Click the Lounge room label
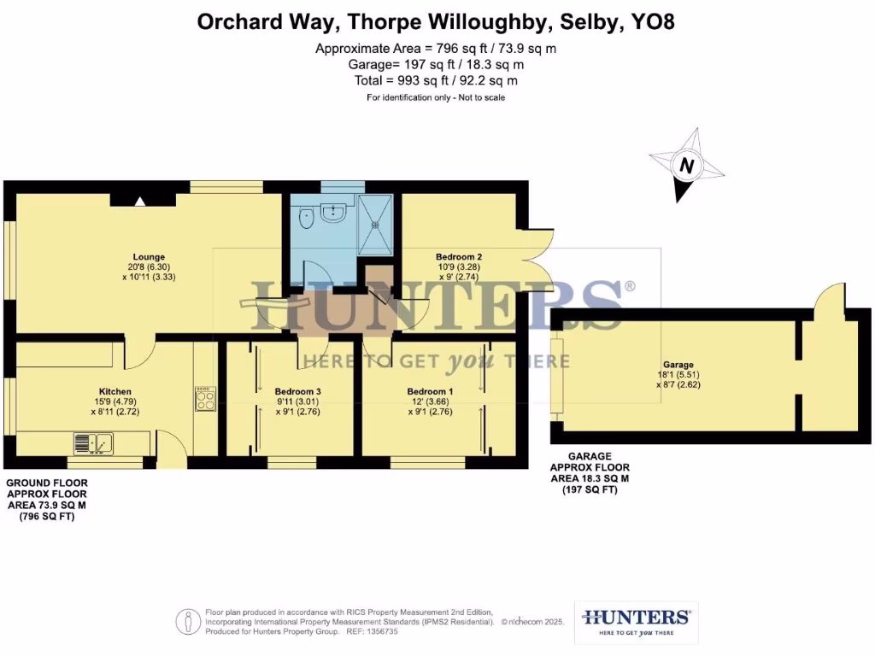point(149,256)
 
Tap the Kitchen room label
point(115,391)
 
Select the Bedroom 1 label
point(430,391)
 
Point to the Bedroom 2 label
point(459,256)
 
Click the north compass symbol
point(686,165)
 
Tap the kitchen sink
point(94,443)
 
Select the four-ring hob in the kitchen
point(205,399)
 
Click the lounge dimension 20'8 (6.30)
point(149,266)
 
